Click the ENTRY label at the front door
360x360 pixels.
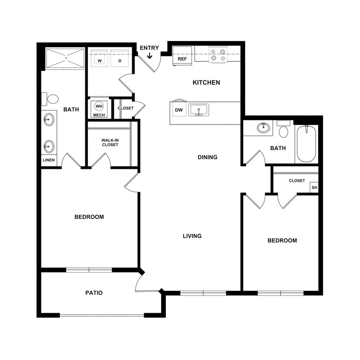coord(149,48)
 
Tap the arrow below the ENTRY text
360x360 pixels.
coord(149,55)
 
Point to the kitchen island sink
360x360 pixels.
coord(198,110)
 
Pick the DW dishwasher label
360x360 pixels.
coord(179,110)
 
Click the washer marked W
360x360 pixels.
coord(100,58)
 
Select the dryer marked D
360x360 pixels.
coord(119,58)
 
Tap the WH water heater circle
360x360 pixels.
coord(99,106)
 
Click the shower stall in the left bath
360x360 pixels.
coord(65,58)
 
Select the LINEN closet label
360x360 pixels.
coord(48,160)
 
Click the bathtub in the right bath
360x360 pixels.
coord(306,144)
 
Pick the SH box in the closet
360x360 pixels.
coord(314,188)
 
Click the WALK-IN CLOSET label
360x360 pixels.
coord(110,142)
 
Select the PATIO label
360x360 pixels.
coord(94,293)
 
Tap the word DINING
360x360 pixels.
coord(207,157)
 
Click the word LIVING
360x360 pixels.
coord(192,236)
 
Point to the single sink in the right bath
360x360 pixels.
coord(263,128)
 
